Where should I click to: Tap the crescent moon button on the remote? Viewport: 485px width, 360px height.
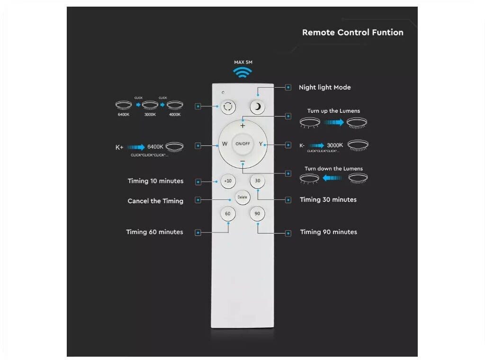[x=258, y=107]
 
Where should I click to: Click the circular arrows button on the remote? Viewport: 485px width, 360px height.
[x=228, y=107]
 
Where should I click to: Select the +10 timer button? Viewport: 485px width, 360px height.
[x=228, y=181]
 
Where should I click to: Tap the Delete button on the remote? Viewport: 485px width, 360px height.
[x=242, y=197]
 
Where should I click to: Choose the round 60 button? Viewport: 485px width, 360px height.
[x=228, y=214]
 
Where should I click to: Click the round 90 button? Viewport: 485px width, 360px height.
[x=257, y=214]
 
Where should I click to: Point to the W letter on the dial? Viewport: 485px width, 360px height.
[x=225, y=144]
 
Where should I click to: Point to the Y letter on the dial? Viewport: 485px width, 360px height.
[x=260, y=144]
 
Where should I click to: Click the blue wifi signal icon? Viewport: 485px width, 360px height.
[x=242, y=72]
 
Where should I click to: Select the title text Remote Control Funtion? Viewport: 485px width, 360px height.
[x=353, y=33]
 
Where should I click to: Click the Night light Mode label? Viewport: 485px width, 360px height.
[x=324, y=88]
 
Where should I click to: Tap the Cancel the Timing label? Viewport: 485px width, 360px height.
[x=155, y=201]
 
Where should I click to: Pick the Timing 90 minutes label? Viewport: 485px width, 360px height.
[x=329, y=232]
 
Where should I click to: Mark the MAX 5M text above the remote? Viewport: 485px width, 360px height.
[x=242, y=62]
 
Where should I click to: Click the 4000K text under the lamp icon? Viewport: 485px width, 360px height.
[x=175, y=115]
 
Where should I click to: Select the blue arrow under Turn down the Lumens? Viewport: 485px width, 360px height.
[x=333, y=178]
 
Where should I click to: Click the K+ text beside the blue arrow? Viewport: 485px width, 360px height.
[x=119, y=147]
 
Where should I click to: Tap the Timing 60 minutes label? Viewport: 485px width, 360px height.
[x=154, y=232]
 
